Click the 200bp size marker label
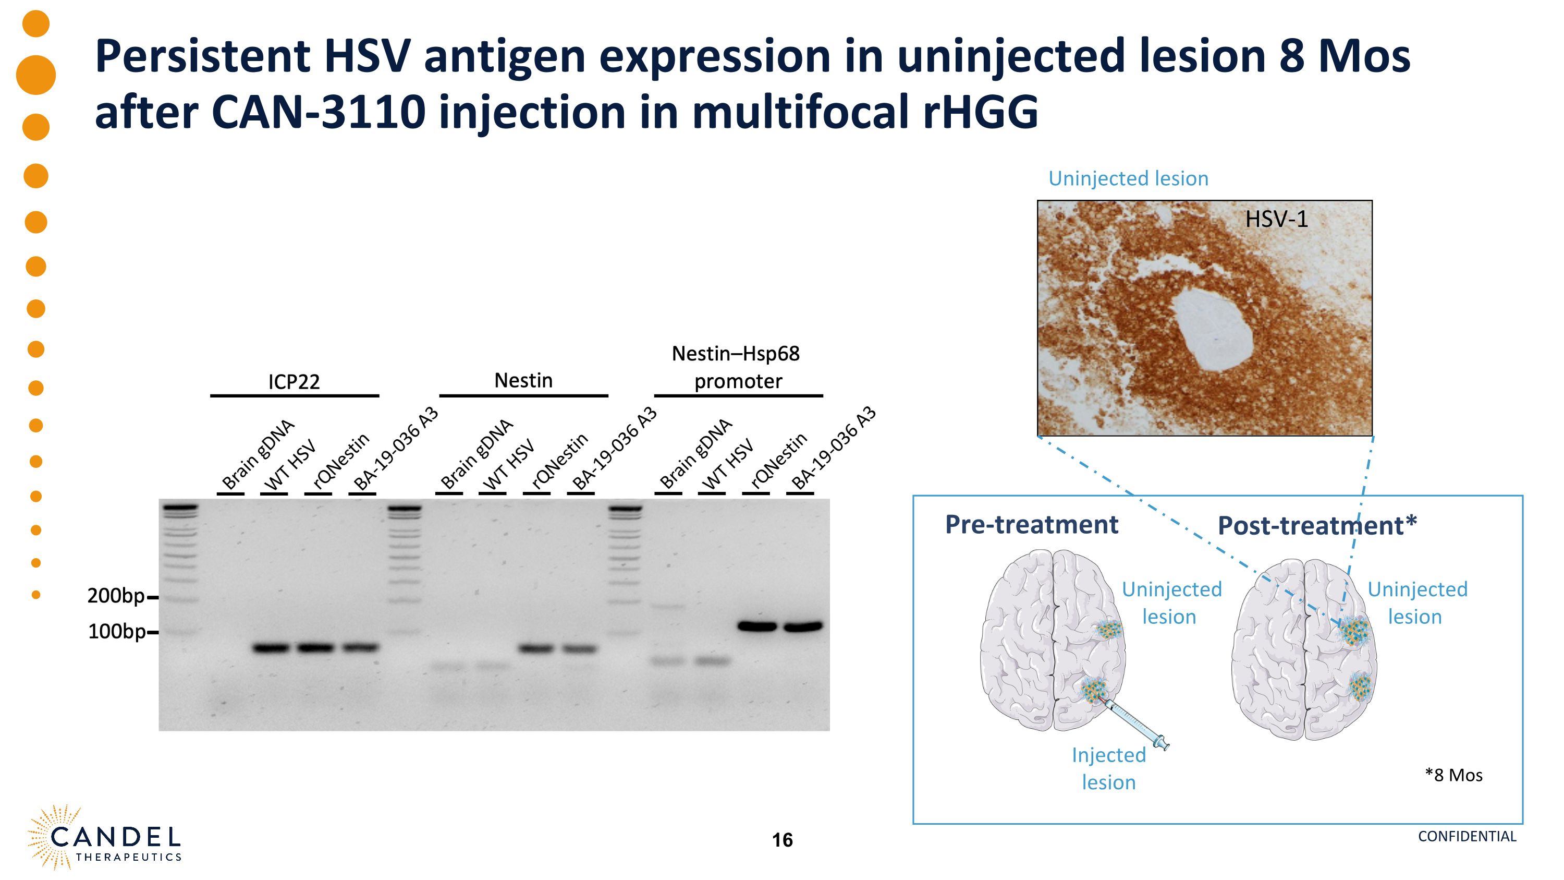[116, 596]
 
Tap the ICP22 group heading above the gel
[294, 382]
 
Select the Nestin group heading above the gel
[523, 381]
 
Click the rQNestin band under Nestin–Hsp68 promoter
[757, 626]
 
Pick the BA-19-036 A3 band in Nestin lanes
[579, 649]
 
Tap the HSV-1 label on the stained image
[1276, 219]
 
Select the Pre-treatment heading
[1032, 525]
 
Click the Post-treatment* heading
[1317, 526]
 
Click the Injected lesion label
[1109, 768]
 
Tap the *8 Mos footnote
[1453, 776]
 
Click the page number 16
[782, 840]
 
